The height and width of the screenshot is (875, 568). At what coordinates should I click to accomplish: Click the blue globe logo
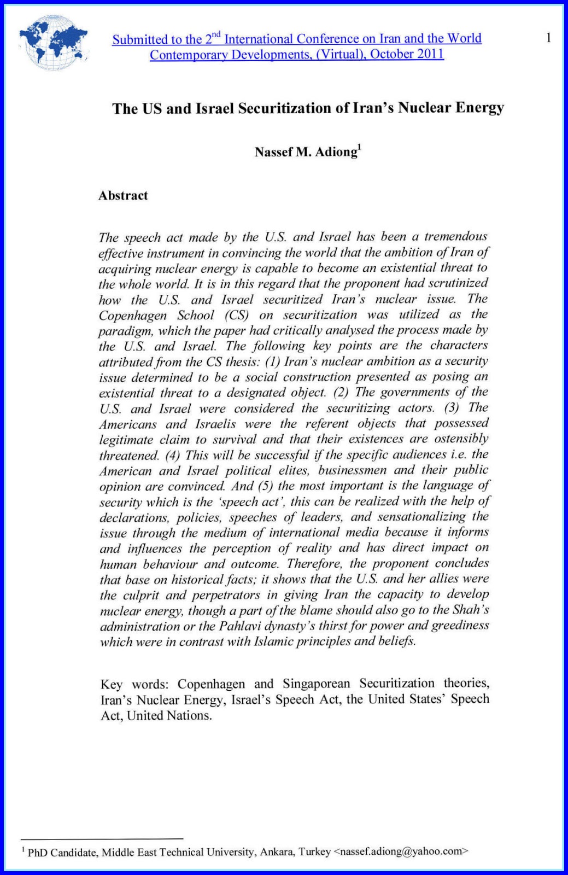coord(53,43)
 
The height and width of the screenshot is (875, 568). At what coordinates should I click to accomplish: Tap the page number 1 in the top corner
coord(548,38)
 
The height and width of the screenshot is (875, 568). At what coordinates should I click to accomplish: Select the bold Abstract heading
coord(123,196)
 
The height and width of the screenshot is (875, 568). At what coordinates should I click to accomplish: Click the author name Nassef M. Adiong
coord(306,152)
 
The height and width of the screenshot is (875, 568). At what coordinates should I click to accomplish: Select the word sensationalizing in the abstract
coord(421,517)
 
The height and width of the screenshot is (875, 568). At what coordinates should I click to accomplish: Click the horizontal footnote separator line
coord(102,838)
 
